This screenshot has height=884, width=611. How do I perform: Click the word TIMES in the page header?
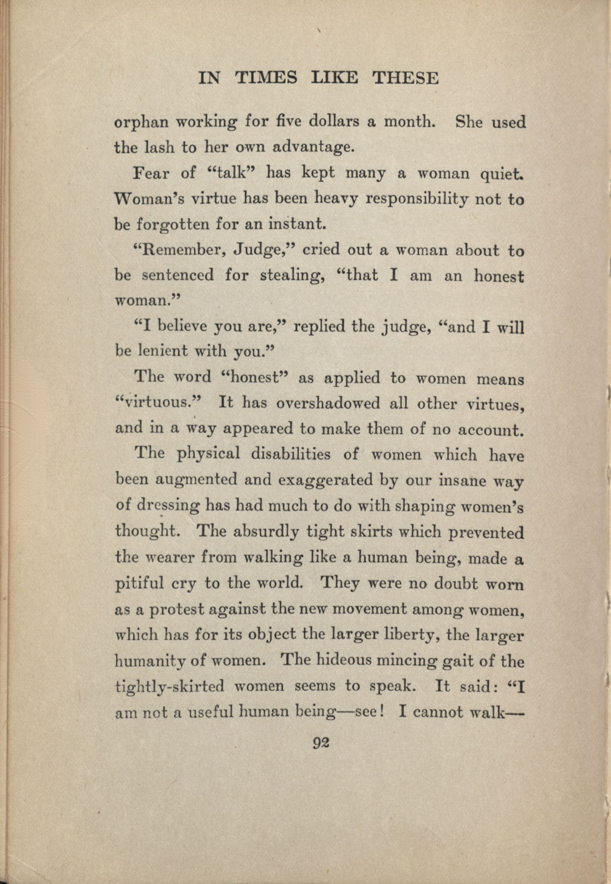[266, 77]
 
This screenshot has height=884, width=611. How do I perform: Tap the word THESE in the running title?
[405, 77]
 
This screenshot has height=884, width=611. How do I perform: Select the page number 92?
[321, 743]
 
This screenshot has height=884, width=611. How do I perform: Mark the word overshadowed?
[328, 403]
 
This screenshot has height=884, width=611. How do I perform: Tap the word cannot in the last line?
[437, 713]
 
